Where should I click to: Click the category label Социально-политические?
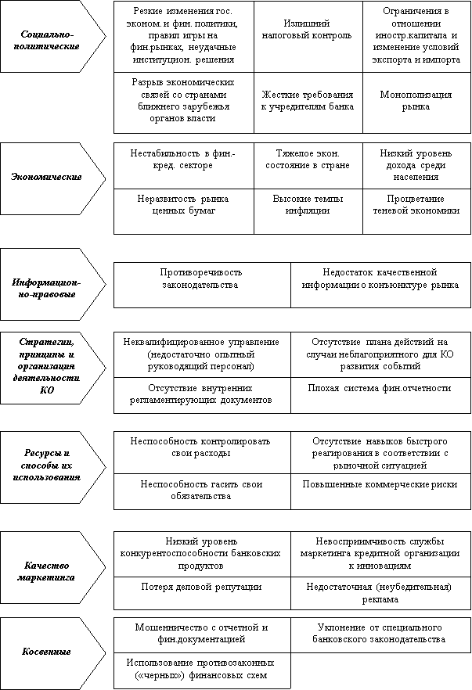coord(46,40)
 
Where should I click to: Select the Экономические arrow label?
coord(46,177)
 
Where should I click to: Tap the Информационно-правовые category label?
coord(46,288)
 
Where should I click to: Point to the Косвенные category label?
coord(46,652)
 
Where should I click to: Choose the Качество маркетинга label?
coord(46,571)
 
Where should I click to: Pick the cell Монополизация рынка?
coord(416,100)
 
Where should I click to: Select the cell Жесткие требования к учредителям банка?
coord(308,100)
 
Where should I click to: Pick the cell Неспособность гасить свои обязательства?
coord(201,491)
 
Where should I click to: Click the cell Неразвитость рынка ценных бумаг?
coord(182,205)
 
